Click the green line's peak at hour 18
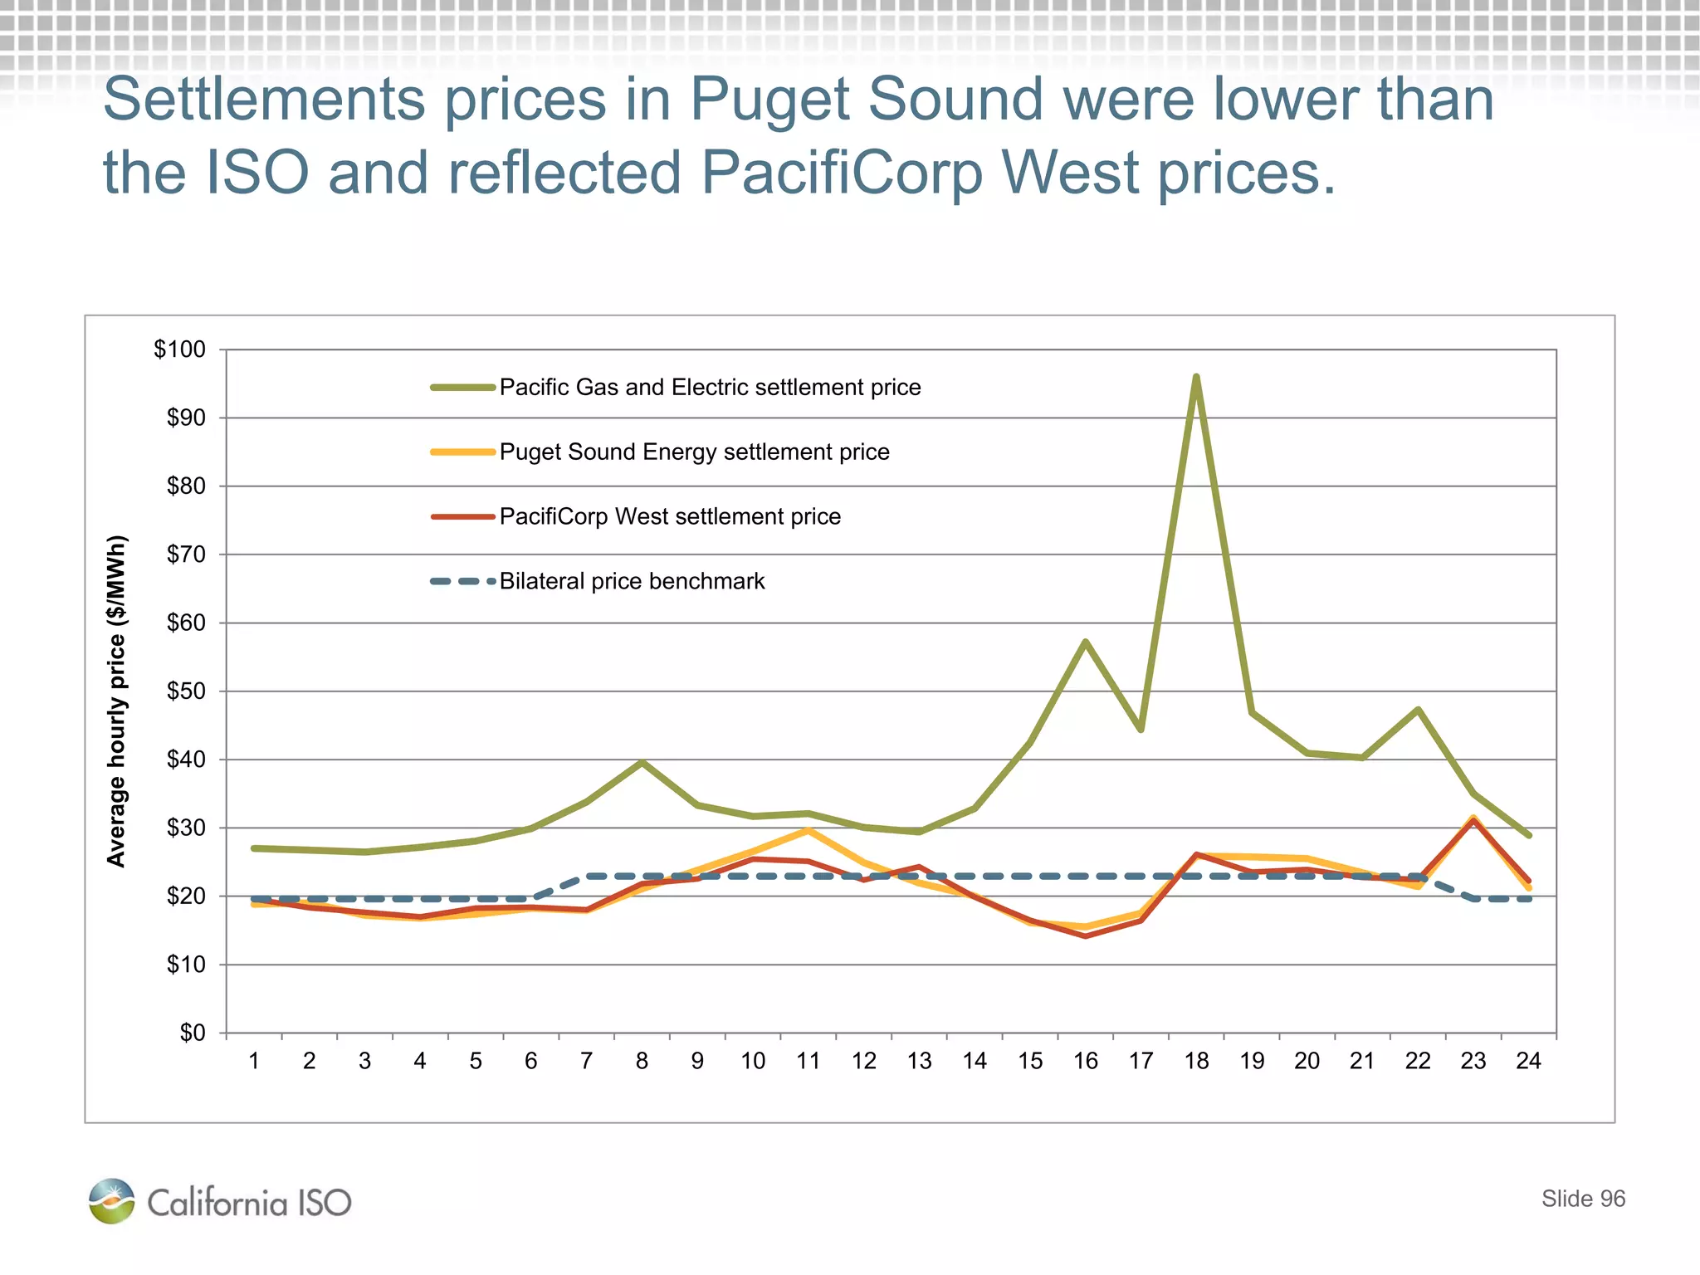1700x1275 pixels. click(1196, 377)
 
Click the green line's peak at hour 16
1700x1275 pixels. click(1085, 641)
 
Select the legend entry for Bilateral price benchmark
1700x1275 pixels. click(631, 581)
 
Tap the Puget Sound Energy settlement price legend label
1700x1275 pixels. click(694, 452)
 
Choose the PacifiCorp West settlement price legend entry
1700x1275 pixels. click(670, 516)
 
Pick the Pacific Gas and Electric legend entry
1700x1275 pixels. click(710, 387)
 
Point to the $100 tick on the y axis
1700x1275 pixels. click(179, 349)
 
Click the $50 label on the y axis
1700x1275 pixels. click(186, 691)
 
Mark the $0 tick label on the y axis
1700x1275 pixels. click(193, 1033)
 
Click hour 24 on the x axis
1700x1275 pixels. click(1528, 1061)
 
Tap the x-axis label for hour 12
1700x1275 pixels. click(864, 1061)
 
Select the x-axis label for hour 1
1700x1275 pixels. click(254, 1061)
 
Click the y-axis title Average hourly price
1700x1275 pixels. click(117, 701)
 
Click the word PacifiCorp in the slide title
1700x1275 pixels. click(841, 173)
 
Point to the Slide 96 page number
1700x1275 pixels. click(1583, 1199)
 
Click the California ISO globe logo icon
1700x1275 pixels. click(111, 1200)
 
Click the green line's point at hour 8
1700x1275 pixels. click(642, 762)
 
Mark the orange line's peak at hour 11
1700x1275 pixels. click(808, 830)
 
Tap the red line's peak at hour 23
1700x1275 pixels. click(1473, 821)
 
